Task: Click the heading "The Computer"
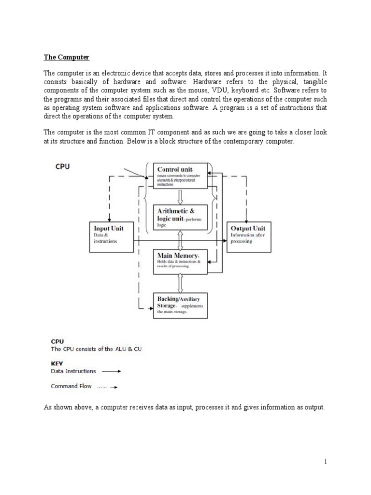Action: coord(67,57)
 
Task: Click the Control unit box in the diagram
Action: coord(180,175)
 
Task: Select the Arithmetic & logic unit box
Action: coord(180,217)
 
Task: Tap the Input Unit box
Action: coord(112,236)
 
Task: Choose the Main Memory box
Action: coord(180,262)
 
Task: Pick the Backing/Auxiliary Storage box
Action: coord(180,305)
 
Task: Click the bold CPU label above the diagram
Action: coord(61,166)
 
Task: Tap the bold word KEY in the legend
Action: coord(57,363)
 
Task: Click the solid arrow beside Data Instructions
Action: coord(112,372)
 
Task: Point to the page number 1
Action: coord(326,461)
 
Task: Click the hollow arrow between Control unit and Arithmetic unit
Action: coord(180,197)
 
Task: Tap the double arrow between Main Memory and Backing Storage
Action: coord(180,283)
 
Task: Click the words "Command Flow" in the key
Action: coord(71,386)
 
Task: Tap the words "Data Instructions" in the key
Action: coord(73,371)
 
